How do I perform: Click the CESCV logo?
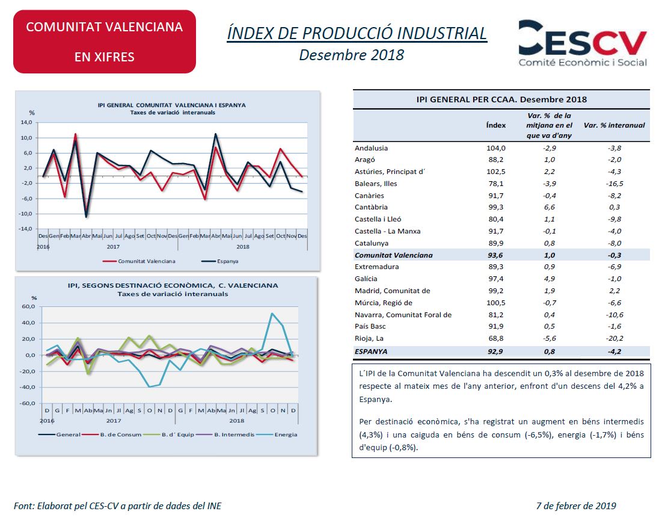pyautogui.click(x=583, y=43)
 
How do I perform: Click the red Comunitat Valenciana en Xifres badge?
pyautogui.click(x=105, y=42)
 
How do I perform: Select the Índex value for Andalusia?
pyautogui.click(x=496, y=148)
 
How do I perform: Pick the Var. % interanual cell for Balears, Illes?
pyautogui.click(x=614, y=184)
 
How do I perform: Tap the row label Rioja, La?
pyautogui.click(x=369, y=338)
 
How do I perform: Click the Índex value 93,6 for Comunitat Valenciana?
pyautogui.click(x=495, y=255)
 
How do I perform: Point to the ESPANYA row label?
pyautogui.click(x=371, y=351)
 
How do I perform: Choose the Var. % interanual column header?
pyautogui.click(x=614, y=125)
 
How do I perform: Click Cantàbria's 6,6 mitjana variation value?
pyautogui.click(x=550, y=207)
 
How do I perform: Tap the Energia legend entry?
pyautogui.click(x=277, y=435)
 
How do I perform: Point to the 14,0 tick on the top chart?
pyautogui.click(x=26, y=122)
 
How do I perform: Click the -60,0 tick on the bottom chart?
pyautogui.click(x=28, y=403)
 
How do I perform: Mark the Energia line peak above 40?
pyautogui.click(x=272, y=314)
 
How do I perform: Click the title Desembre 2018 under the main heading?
pyautogui.click(x=352, y=55)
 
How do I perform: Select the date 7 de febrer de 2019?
pyautogui.click(x=576, y=506)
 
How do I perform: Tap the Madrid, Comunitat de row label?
pyautogui.click(x=393, y=291)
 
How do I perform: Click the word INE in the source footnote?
pyautogui.click(x=214, y=506)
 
